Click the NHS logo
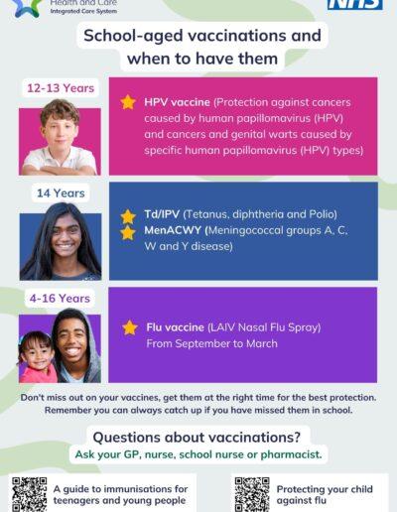coord(355,4)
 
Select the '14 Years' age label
coord(59,192)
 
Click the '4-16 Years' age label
coord(60,298)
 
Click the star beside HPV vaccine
coord(128,102)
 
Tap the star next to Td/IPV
coord(128,215)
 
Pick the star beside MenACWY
coord(128,232)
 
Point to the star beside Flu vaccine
coord(130,327)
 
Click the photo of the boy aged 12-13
coord(60,140)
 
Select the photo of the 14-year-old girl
coord(60,243)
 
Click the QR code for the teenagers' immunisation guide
coord(30,493)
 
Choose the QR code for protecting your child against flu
coord(252,493)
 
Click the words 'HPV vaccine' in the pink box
coord(176,102)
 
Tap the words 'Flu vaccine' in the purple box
coord(175,327)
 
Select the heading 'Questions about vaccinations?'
coord(198,437)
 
